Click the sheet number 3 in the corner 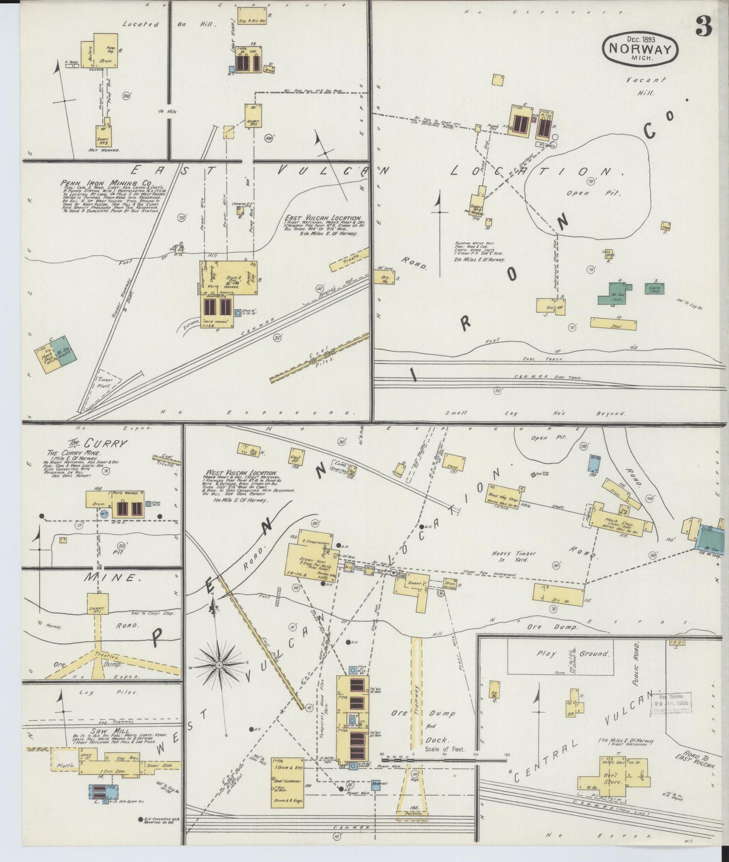coord(703,26)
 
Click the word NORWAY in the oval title coord(640,49)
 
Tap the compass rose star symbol coord(219,665)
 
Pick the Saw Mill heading coord(101,730)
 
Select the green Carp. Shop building coord(654,289)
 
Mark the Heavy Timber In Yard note coord(514,557)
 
